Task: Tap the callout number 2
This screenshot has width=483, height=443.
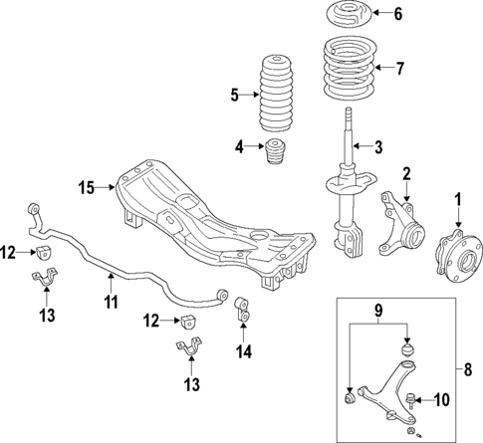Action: (x=406, y=173)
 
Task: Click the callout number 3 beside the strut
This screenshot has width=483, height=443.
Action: (x=377, y=148)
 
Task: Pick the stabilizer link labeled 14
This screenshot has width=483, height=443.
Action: (x=240, y=314)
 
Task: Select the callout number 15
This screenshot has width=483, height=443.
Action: (x=87, y=185)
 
